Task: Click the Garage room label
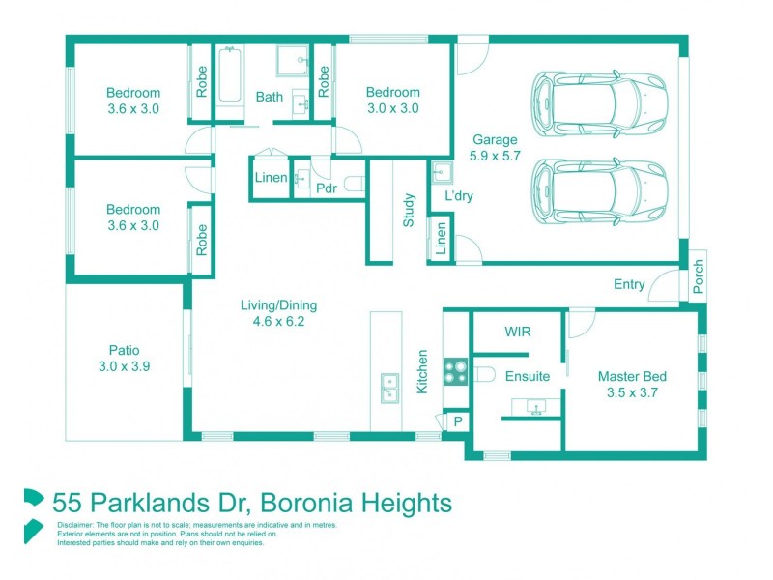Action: [x=494, y=139]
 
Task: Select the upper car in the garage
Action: [x=600, y=102]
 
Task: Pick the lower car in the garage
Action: [x=600, y=190]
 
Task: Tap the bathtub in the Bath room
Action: [x=229, y=76]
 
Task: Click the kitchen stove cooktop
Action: [x=455, y=370]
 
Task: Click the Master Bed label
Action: [x=632, y=377]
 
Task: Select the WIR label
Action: [x=518, y=332]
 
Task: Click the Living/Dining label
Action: [x=278, y=305]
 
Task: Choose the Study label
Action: [x=409, y=212]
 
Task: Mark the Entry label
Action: [x=630, y=284]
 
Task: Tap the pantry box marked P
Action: [x=455, y=421]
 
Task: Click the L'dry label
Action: [x=458, y=195]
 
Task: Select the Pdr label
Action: [x=327, y=188]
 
